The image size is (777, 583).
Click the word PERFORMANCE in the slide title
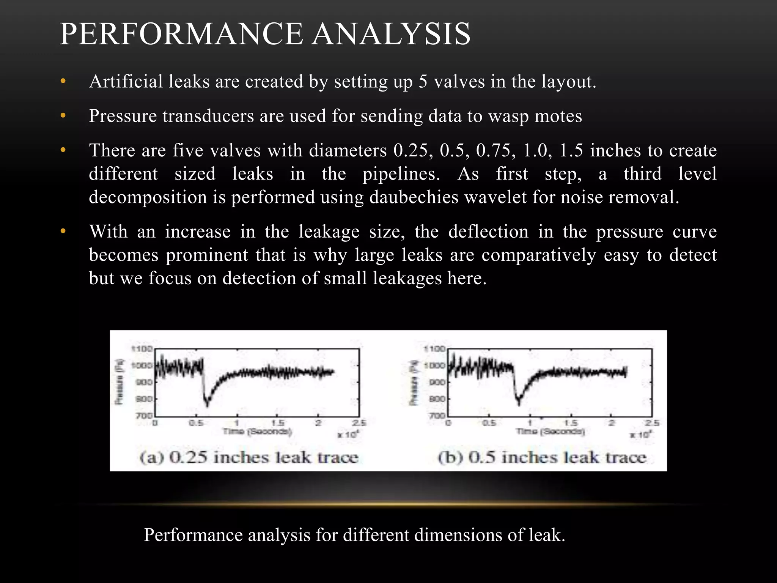181,34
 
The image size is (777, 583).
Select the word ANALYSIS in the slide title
392,34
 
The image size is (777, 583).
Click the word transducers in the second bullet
208,116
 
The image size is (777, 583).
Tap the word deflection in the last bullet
488,232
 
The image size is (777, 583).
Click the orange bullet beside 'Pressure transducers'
63,115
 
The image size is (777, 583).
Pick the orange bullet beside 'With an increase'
63,231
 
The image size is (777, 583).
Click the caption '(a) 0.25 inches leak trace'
249,457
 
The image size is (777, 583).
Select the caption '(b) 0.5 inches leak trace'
542,457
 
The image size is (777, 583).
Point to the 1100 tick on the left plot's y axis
142,348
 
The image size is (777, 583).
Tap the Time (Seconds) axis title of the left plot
257,432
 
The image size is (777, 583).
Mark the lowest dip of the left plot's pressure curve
207,405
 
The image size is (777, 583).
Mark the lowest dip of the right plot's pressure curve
519,404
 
